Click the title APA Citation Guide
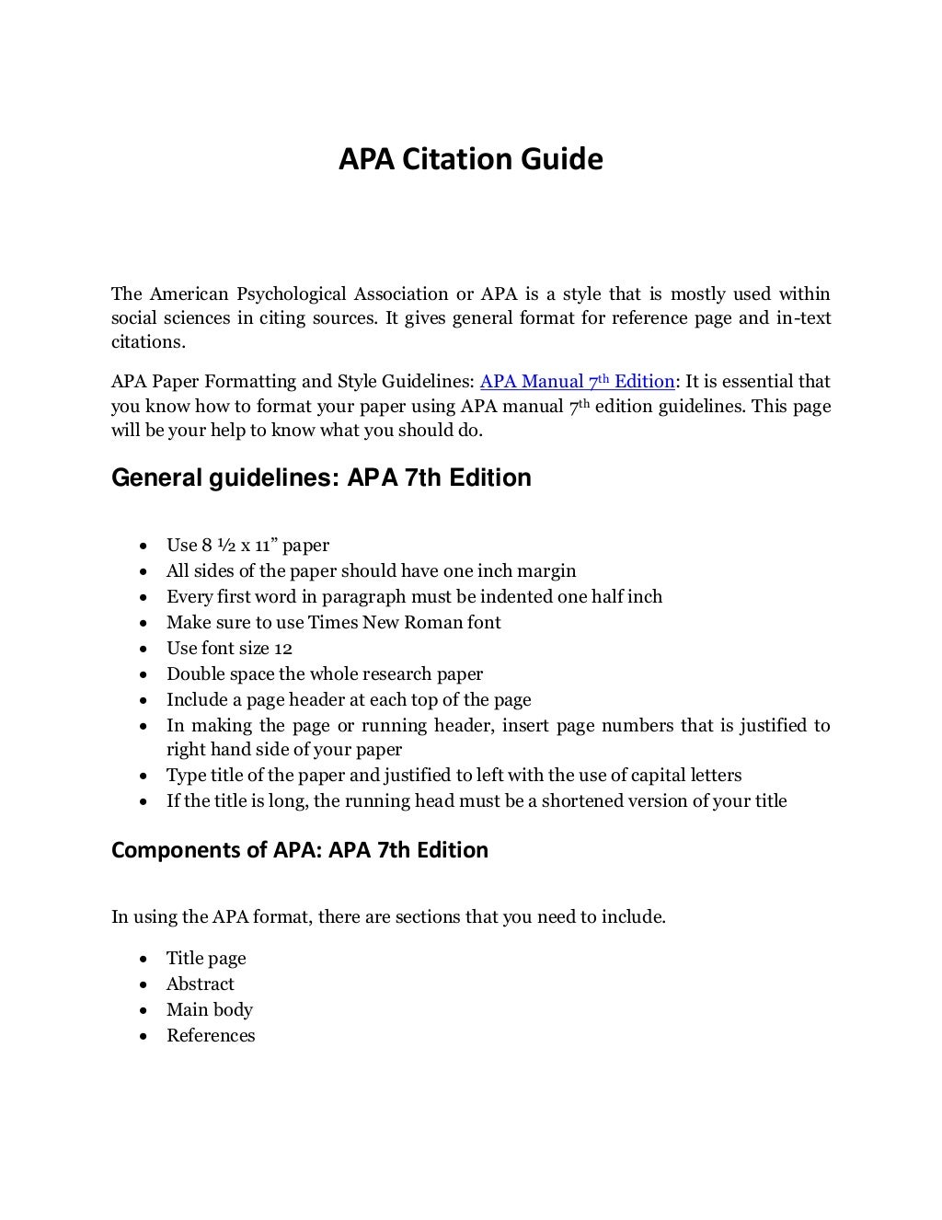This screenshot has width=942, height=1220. click(470, 159)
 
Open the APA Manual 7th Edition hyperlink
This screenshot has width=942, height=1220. click(577, 382)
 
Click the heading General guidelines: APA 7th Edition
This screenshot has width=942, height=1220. click(321, 478)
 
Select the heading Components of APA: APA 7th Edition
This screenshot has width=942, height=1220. click(299, 850)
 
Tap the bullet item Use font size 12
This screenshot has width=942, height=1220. click(229, 648)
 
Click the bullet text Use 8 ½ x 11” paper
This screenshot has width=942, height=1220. click(247, 546)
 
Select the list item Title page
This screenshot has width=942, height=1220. click(206, 959)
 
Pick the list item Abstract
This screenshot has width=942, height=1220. click(200, 984)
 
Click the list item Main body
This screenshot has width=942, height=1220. click(209, 1010)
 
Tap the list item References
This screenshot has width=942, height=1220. click(211, 1036)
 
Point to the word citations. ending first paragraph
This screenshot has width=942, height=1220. click(147, 342)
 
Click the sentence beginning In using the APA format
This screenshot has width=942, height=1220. click(388, 917)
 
